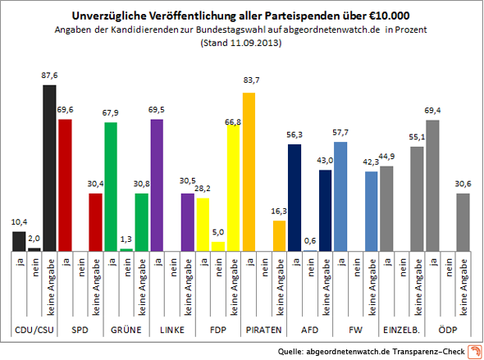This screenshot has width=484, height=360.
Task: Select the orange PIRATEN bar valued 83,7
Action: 249,171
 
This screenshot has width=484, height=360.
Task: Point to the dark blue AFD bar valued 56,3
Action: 295,198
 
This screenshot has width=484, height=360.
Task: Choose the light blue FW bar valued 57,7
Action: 340,196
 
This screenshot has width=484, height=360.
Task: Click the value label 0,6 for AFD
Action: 310,239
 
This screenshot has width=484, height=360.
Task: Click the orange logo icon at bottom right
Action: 473,352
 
